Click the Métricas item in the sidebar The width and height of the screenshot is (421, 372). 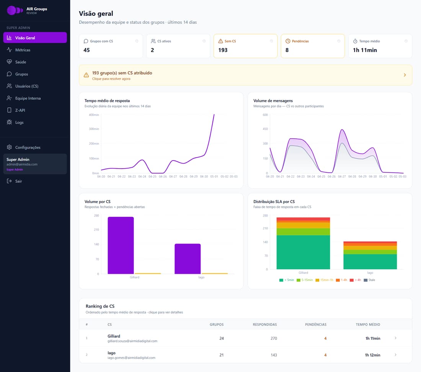pyautogui.click(x=23, y=50)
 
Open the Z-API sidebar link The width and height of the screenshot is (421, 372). pyautogui.click(x=20, y=110)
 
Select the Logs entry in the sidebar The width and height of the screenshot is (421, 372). pyautogui.click(x=19, y=122)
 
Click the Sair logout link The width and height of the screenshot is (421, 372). pyautogui.click(x=18, y=181)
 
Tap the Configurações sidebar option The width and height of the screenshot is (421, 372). pyautogui.click(x=28, y=147)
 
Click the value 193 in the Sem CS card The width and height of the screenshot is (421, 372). pyautogui.click(x=223, y=50)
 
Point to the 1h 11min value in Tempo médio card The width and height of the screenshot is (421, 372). pyautogui.click(x=365, y=50)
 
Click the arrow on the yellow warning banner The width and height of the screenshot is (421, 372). pyautogui.click(x=405, y=75)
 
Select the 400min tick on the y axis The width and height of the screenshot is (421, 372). pyautogui.click(x=94, y=115)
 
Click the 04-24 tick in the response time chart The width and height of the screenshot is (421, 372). pyautogui.click(x=142, y=177)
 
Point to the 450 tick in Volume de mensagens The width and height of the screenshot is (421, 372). pyautogui.click(x=265, y=129)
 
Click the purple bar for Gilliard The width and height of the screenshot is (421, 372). pyautogui.click(x=121, y=246)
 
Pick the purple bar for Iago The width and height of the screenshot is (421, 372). pyautogui.click(x=188, y=259)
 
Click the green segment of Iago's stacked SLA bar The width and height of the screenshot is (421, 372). pyautogui.click(x=370, y=262)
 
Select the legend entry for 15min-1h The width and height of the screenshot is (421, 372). pyautogui.click(x=324, y=280)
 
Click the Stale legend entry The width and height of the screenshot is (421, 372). pyautogui.click(x=369, y=280)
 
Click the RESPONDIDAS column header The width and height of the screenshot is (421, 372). pyautogui.click(x=265, y=324)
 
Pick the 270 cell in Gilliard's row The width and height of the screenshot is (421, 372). pyautogui.click(x=274, y=338)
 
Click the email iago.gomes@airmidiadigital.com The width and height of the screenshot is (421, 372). pyautogui.click(x=131, y=358)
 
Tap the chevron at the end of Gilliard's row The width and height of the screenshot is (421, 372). pyautogui.click(x=395, y=338)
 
